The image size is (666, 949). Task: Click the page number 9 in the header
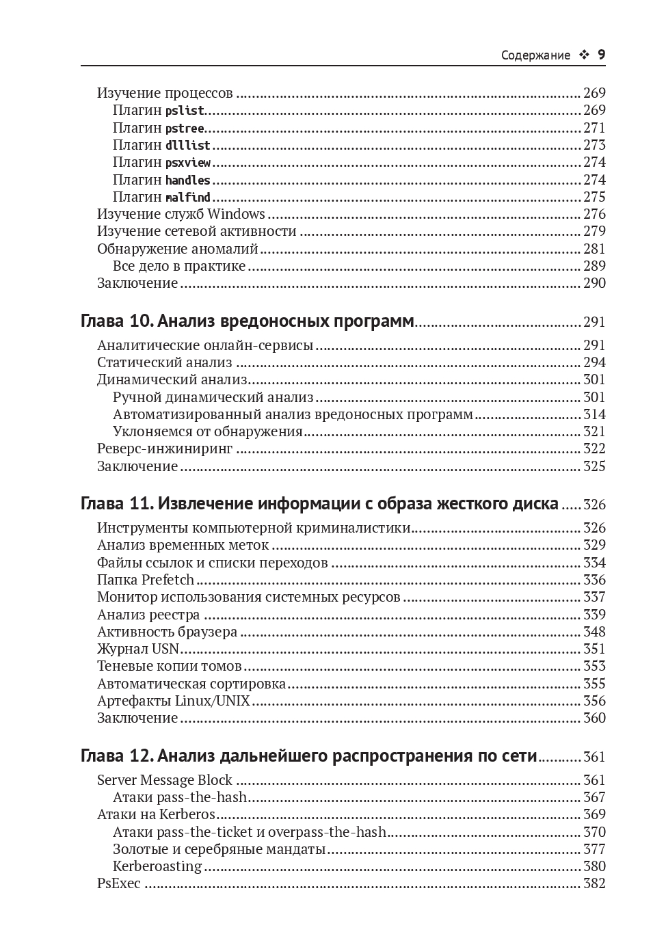(602, 55)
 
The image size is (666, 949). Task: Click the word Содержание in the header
(535, 55)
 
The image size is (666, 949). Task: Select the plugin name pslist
(185, 111)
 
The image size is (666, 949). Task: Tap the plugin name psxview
(188, 163)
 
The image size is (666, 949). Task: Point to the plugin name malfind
(188, 198)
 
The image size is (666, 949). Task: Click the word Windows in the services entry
(236, 214)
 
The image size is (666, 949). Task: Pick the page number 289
(594, 266)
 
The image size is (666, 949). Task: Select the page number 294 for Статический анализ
(594, 362)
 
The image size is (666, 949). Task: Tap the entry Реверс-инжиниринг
(165, 449)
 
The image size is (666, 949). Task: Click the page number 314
(594, 414)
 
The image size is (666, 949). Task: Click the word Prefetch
(168, 580)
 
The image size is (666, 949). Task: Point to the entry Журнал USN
(138, 649)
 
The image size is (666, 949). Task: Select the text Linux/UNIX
(213, 701)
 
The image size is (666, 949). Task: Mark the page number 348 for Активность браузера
(594, 632)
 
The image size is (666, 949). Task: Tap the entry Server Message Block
(165, 780)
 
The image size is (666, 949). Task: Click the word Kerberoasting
(157, 866)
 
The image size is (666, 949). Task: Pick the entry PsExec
(119, 883)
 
